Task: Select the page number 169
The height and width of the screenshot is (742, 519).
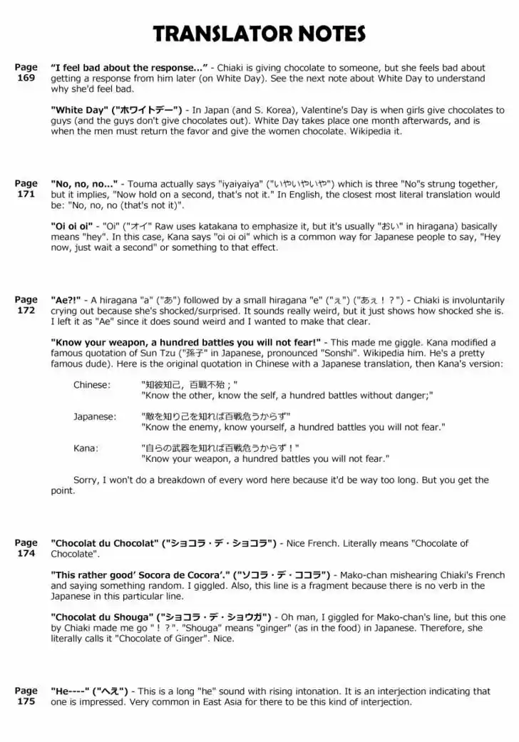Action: coord(26,78)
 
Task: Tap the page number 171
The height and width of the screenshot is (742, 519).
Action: coord(26,193)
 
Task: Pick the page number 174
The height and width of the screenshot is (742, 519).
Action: coord(26,553)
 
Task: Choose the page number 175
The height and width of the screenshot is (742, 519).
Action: coord(26,701)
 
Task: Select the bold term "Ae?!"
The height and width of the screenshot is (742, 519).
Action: coord(66,300)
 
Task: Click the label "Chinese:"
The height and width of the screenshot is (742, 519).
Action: coord(92,385)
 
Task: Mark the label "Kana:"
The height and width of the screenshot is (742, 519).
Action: coord(86,448)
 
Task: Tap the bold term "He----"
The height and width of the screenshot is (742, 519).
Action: coord(69,691)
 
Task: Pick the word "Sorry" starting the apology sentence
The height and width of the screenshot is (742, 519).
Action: coord(88,480)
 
